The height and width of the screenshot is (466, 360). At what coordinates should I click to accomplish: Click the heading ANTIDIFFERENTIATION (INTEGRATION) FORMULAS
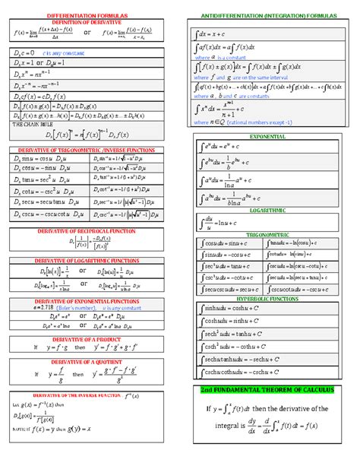[265, 15]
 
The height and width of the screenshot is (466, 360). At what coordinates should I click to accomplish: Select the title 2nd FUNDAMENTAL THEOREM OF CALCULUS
[266, 390]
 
